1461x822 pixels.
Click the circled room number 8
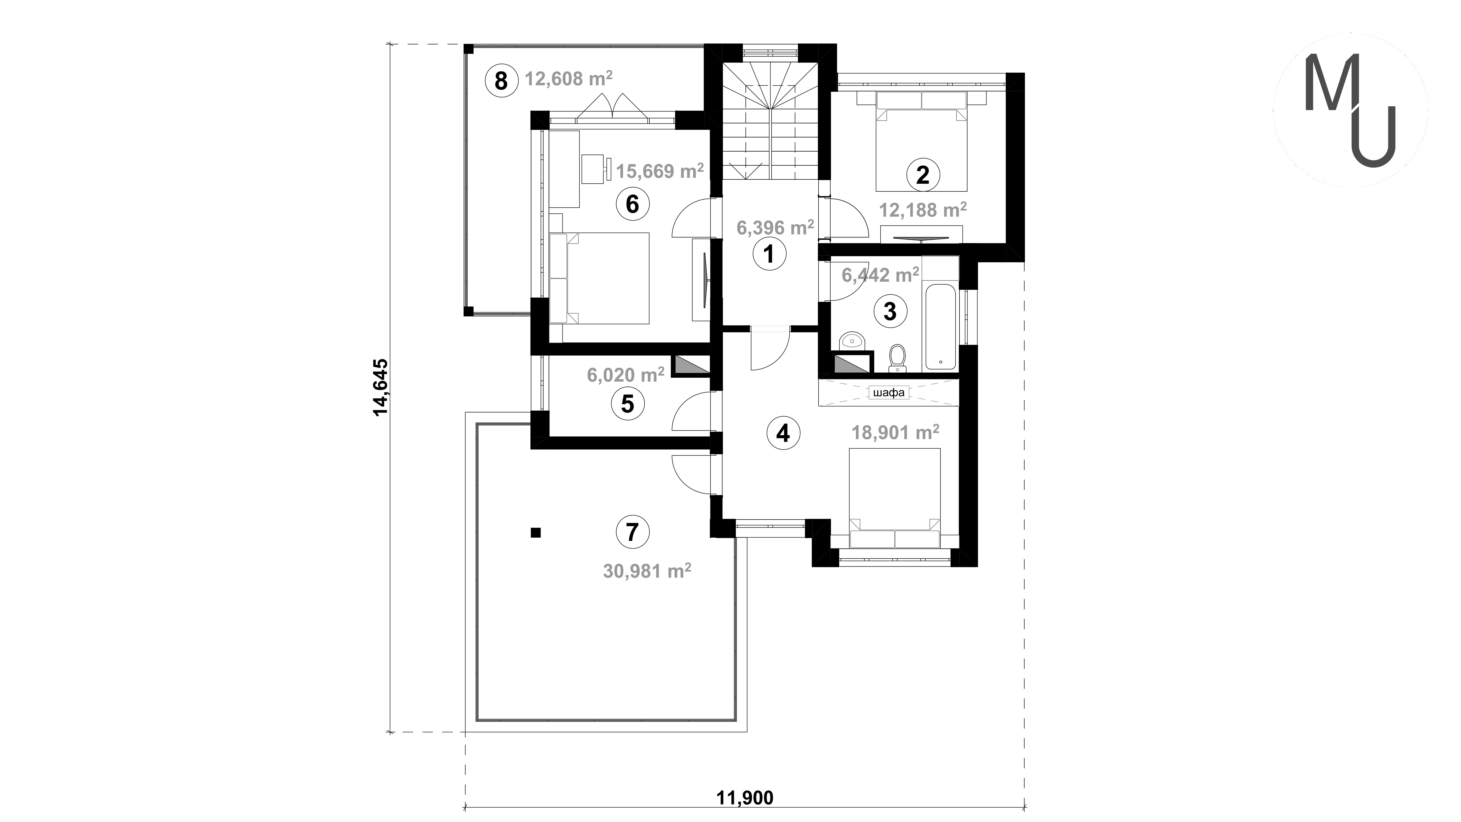[501, 80]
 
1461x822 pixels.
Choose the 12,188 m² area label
[923, 210]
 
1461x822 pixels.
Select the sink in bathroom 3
[851, 342]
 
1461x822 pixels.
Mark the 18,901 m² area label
[896, 433]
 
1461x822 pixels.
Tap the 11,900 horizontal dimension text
[745, 798]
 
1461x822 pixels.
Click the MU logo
[1350, 111]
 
